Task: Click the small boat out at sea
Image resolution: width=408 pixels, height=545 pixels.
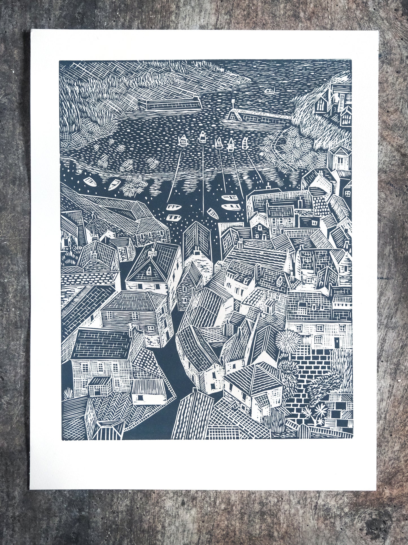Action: point(270,91)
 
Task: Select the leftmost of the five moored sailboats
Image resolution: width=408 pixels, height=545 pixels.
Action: point(183,141)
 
